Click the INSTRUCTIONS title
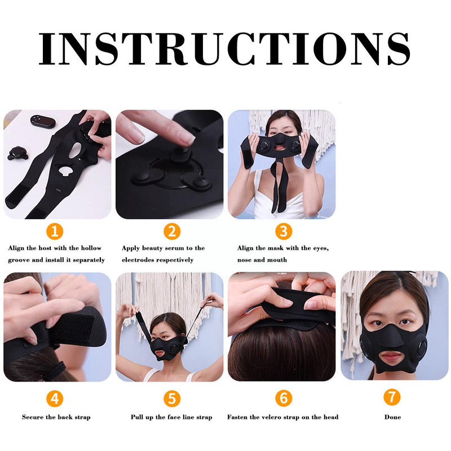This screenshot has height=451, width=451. (224, 49)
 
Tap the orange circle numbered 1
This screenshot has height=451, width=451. (55, 231)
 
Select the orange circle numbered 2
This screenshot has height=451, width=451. (172, 231)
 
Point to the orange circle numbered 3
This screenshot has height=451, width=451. (284, 231)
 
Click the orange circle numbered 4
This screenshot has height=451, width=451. (55, 399)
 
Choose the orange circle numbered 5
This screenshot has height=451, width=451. (172, 399)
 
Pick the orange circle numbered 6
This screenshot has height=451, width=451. (284, 398)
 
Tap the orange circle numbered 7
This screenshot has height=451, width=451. (392, 397)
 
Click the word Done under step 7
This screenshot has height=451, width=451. (392, 417)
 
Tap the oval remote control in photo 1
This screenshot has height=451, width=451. (43, 121)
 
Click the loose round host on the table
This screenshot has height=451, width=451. (17, 153)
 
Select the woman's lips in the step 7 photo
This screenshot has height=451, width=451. (391, 357)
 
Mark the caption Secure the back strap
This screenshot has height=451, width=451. (56, 417)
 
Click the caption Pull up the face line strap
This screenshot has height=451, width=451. (171, 417)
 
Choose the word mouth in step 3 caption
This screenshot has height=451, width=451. (277, 260)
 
